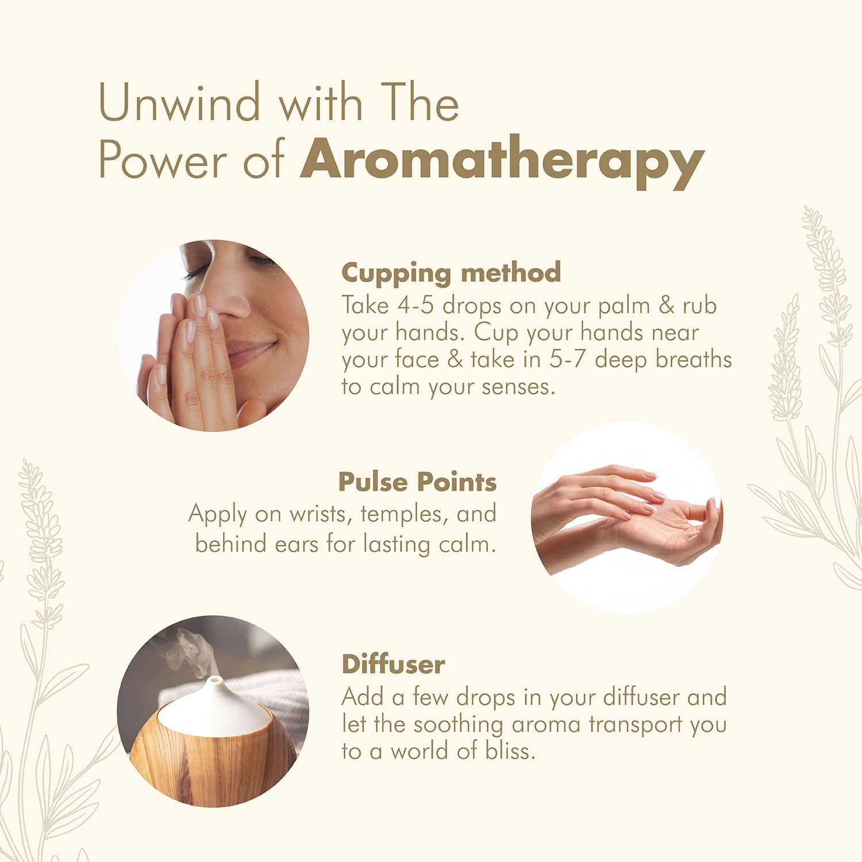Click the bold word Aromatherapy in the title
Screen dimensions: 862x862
[502, 161]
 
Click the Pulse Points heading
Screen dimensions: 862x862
[417, 482]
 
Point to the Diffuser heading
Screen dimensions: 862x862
[393, 664]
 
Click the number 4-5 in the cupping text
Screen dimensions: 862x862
[415, 305]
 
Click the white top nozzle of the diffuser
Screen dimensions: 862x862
[215, 682]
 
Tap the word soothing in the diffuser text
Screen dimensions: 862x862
[458, 724]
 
